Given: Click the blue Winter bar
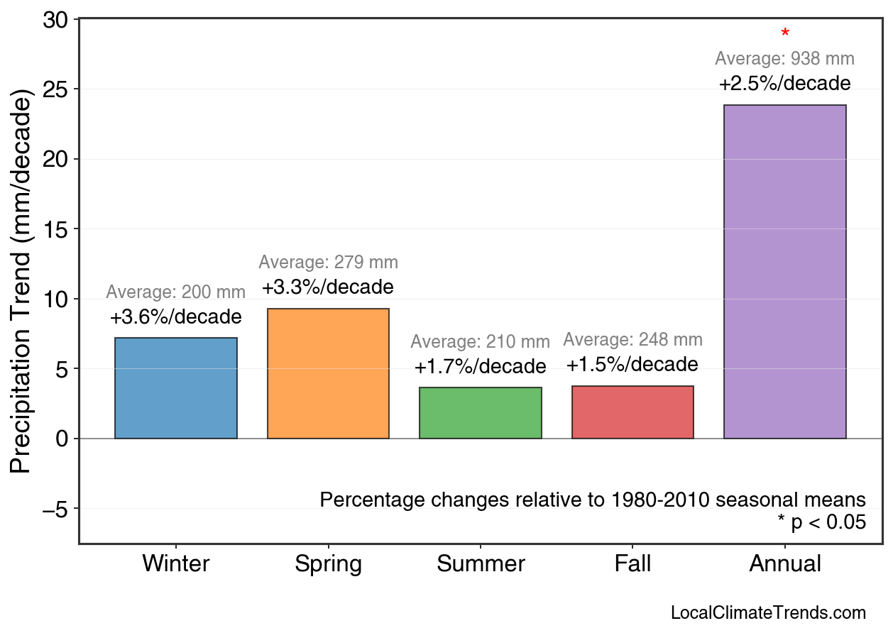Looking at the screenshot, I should coord(176,388).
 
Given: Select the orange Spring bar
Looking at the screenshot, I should coord(328,373).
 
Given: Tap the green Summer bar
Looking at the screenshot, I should coord(481,413).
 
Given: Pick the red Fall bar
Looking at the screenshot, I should coord(632,412).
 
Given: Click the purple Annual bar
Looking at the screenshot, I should coord(784,272).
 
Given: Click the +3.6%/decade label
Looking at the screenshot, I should coord(176,317).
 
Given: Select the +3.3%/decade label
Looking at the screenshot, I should coord(327,287).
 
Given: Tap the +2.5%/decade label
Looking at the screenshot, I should coord(784,84).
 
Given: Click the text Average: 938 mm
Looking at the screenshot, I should coord(784,59).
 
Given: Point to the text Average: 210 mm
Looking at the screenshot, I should coord(480,342).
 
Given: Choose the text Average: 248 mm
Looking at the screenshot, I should coord(632,340).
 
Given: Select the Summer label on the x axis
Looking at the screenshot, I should coord(481,564).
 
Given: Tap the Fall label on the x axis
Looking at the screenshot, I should coord(632,564).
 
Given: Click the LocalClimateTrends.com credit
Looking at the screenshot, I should coord(768,613).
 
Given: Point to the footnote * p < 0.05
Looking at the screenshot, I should coord(821,523).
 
